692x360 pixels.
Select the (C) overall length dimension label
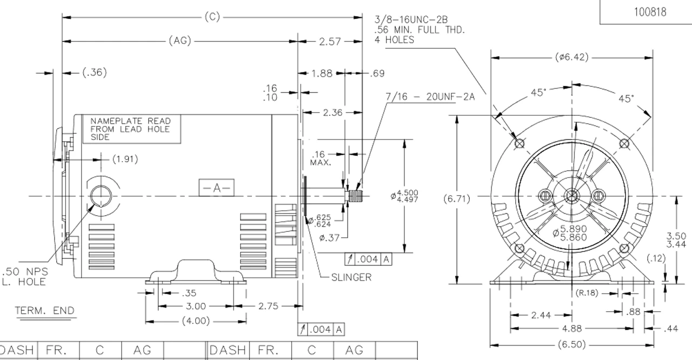tap(212, 17)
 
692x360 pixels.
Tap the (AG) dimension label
tap(180, 41)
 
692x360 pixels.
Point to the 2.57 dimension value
tap(330, 41)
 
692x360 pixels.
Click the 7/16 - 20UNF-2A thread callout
tap(430, 97)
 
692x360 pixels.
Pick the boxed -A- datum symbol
tap(216, 188)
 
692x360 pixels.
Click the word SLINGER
tap(351, 277)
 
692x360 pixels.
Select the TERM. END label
tap(44, 310)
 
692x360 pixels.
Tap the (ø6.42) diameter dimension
tap(571, 57)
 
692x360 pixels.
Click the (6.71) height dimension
tap(457, 199)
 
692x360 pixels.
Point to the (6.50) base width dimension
tap(571, 344)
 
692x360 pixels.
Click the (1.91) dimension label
tap(125, 159)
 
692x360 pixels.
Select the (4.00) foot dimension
tap(195, 321)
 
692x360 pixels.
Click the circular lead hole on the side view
tap(101, 195)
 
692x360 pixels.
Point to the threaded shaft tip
tap(356, 195)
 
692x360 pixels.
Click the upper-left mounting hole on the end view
tap(520, 143)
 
